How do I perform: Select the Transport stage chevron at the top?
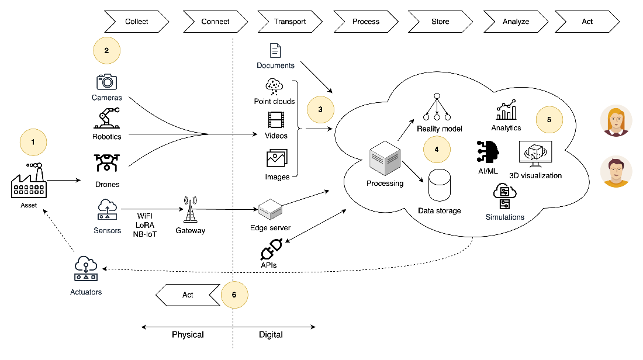tap(290, 22)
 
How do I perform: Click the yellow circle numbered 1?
tap(33, 142)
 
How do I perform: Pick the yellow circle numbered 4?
tap(437, 149)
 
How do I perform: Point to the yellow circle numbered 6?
tap(234, 295)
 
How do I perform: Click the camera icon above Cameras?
tap(106, 82)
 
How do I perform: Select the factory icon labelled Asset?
tap(29, 181)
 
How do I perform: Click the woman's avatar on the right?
tap(616, 121)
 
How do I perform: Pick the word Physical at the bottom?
tap(188, 335)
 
